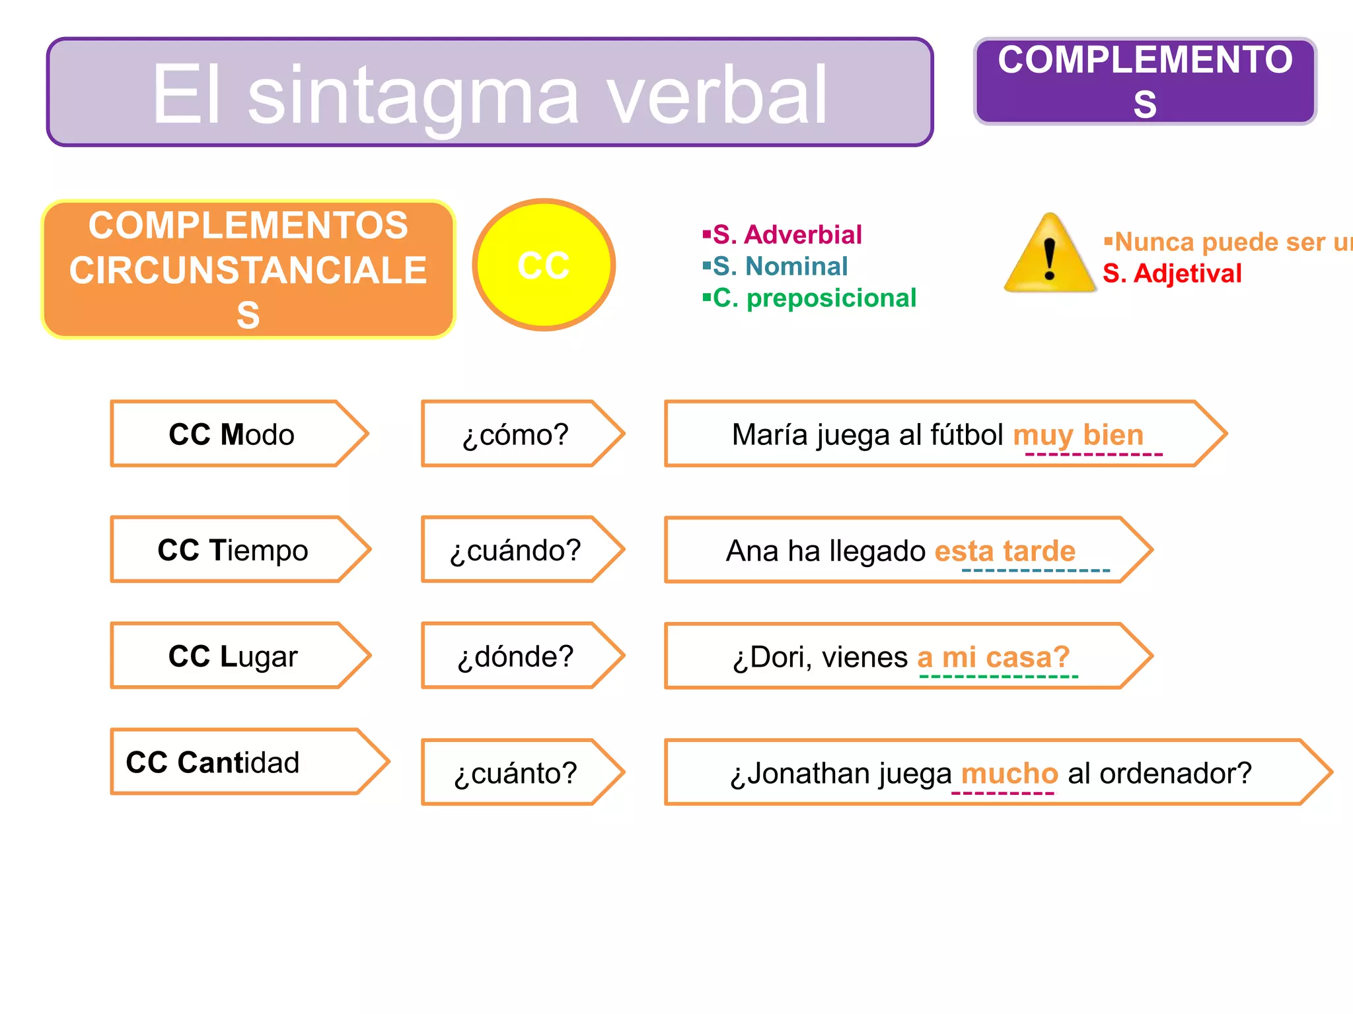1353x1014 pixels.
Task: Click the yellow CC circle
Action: click(544, 265)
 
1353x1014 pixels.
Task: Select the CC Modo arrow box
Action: click(232, 434)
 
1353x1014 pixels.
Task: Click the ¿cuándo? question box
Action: click(515, 550)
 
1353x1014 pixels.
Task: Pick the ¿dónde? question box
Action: click(515, 656)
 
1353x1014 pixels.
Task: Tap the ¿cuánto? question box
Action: click(515, 772)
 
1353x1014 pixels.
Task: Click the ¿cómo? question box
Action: click(515, 434)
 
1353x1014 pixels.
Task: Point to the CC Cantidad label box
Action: click(213, 762)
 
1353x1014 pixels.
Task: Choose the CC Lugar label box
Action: click(233, 656)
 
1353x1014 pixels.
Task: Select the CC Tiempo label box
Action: click(233, 550)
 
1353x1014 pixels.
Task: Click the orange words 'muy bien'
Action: click(1078, 435)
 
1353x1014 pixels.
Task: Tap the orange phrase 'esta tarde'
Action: click(1005, 551)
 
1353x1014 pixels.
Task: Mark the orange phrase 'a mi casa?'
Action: click(993, 657)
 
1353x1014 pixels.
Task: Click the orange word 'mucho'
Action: click(1009, 773)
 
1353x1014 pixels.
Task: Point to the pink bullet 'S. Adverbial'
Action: click(787, 234)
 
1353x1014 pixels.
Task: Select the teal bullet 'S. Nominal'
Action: click(780, 266)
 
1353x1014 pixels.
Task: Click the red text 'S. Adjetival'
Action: click(1172, 273)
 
